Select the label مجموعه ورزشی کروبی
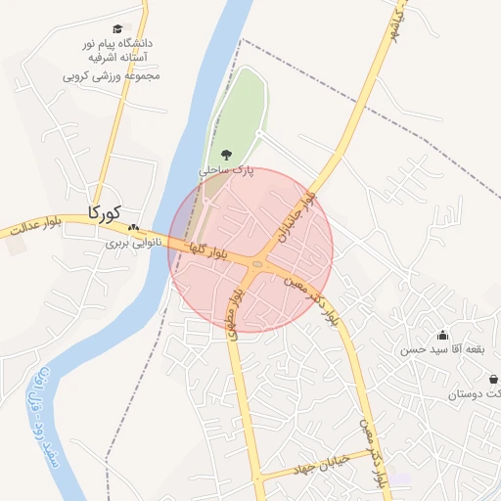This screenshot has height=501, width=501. pyautogui.click(x=111, y=75)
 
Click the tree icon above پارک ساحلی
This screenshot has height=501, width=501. pyautogui.click(x=227, y=154)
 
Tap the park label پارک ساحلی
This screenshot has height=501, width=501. pyautogui.click(x=227, y=169)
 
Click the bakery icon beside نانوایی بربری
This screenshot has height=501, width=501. pyautogui.click(x=133, y=227)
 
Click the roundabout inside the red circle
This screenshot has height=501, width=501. pyautogui.click(x=256, y=263)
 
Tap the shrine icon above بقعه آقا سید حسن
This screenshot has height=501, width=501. pyautogui.click(x=442, y=335)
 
